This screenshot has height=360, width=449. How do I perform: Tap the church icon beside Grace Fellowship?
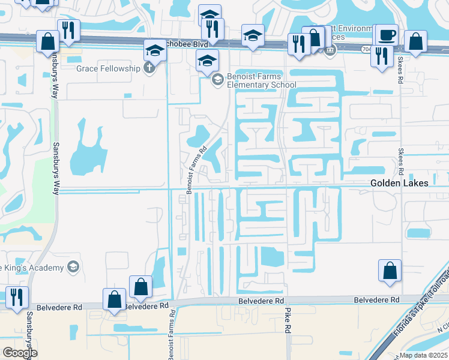(x=149, y=68)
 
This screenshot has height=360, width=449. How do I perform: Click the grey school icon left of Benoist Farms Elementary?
(x=217, y=79)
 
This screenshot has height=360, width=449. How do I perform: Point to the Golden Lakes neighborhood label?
(x=399, y=183)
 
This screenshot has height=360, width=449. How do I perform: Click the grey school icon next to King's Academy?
(x=73, y=266)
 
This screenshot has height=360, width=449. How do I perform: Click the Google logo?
(x=19, y=353)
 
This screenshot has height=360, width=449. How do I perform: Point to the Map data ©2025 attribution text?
(x=423, y=355)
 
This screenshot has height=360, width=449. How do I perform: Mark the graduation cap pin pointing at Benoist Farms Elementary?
(x=208, y=61)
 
